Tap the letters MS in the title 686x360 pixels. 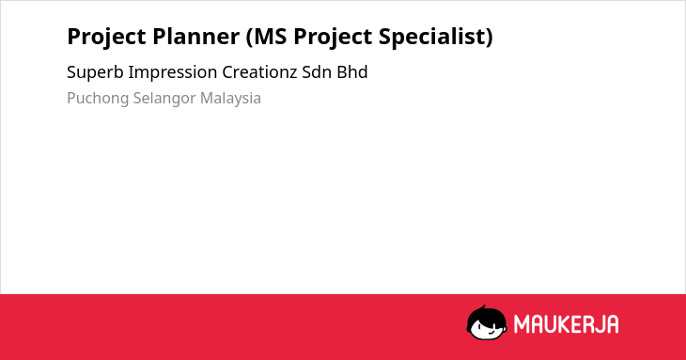point(267,37)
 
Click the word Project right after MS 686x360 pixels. point(333,38)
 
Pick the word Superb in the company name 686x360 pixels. point(95,72)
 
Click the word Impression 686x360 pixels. point(172,72)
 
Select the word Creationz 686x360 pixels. point(259,72)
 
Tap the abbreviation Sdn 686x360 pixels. point(317,72)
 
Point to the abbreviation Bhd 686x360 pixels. point(352,72)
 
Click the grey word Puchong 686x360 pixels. point(98,99)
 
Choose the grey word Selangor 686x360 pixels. point(164,99)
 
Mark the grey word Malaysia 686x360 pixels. point(230,99)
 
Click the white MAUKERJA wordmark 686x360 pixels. point(566,324)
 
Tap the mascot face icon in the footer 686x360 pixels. point(487,322)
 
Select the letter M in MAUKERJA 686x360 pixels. point(522,324)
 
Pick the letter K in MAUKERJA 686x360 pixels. point(556,324)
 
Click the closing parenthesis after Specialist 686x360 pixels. point(490,37)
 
